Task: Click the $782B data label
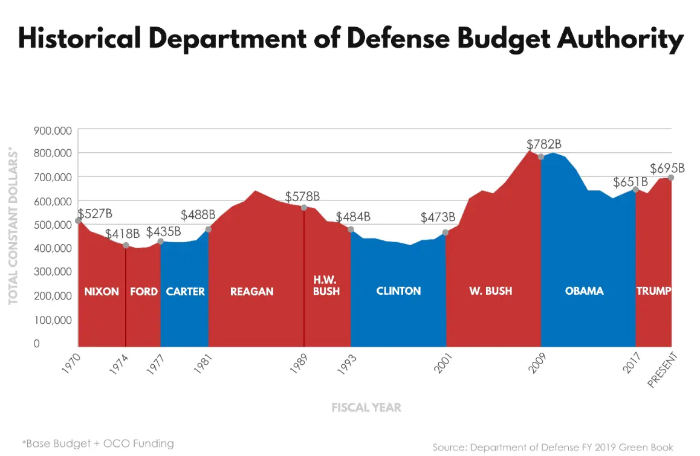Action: pyautogui.click(x=544, y=144)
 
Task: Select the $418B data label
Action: pyautogui.click(x=123, y=234)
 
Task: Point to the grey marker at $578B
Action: pyautogui.click(x=304, y=208)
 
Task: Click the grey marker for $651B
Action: pyautogui.click(x=635, y=190)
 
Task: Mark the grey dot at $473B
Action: pyautogui.click(x=446, y=233)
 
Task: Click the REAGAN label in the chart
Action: pyautogui.click(x=251, y=291)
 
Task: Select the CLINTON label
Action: pyautogui.click(x=398, y=291)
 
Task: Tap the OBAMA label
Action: pyautogui.click(x=584, y=291)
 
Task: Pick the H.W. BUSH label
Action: pyautogui.click(x=326, y=285)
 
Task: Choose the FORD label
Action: pyautogui.click(x=144, y=291)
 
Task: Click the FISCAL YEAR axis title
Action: pyautogui.click(x=366, y=407)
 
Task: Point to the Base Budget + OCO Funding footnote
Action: pyautogui.click(x=98, y=443)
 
